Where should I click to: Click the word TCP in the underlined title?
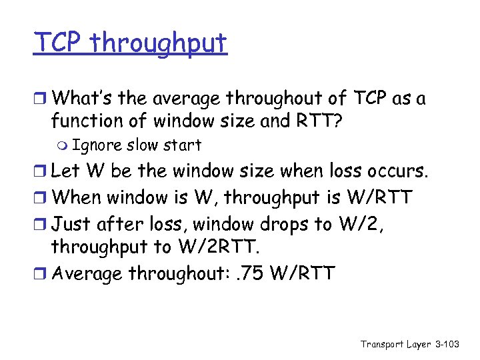[x=59, y=43]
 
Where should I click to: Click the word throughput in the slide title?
[x=159, y=45]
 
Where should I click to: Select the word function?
[x=89, y=122]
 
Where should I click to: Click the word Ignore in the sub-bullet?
[x=97, y=145]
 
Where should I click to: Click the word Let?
[x=64, y=171]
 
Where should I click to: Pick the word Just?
[x=69, y=223]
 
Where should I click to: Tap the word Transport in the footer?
[x=382, y=344]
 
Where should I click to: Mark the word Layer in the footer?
[x=420, y=344]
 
